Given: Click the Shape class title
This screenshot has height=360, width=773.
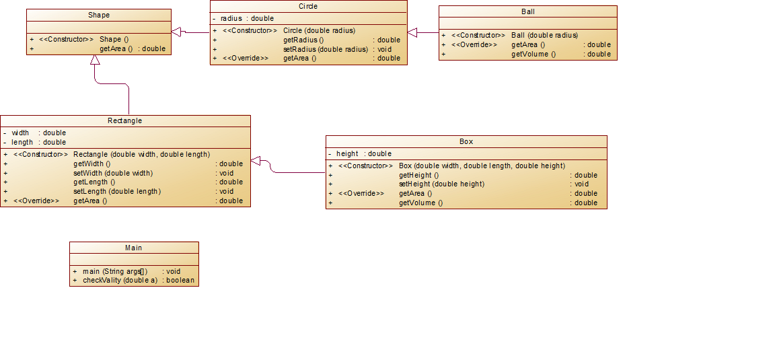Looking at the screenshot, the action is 99,15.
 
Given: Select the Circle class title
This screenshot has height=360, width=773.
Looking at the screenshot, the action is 308,6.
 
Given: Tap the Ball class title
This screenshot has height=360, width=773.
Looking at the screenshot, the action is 527,11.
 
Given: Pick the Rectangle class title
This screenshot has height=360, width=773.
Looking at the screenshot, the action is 125,121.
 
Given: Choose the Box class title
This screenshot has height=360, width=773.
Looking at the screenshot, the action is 466,141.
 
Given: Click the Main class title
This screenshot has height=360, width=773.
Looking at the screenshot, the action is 134,248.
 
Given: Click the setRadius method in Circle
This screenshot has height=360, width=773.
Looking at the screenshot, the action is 325,49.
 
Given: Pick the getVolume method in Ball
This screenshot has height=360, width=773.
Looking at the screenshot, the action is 533,54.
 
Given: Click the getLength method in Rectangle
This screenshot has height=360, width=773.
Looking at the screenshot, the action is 94,182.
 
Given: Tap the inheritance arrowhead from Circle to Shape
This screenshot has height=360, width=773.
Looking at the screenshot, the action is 177,32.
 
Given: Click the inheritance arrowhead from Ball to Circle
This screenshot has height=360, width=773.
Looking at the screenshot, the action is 413,32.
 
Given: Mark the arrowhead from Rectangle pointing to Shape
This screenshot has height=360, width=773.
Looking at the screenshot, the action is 95,60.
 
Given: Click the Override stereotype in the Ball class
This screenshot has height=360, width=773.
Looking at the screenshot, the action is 474,44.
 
